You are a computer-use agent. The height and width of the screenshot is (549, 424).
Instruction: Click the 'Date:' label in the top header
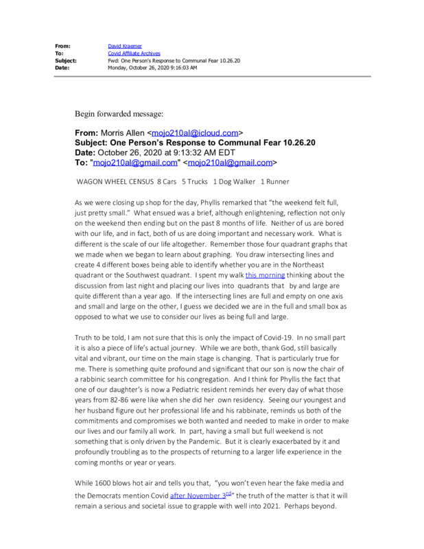62,67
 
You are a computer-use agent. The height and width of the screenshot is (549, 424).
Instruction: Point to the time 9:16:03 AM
180,67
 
